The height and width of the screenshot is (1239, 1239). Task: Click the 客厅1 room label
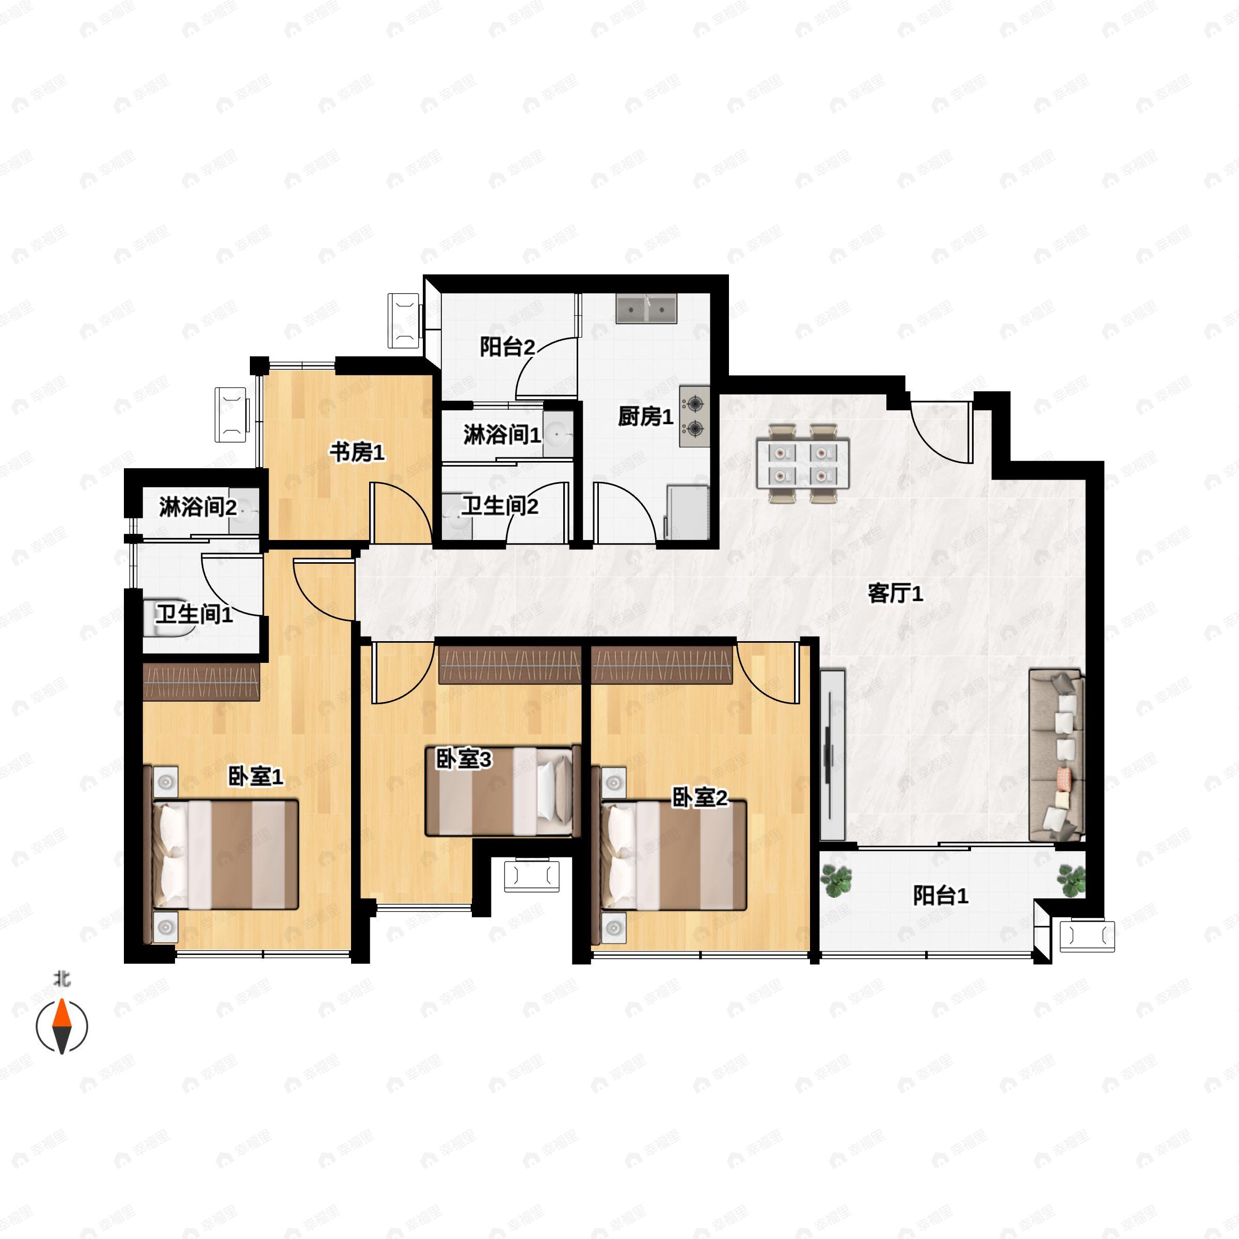click(x=895, y=593)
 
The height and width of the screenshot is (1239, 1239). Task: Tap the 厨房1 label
click(x=645, y=417)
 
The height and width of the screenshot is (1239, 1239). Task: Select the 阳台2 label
click(x=507, y=347)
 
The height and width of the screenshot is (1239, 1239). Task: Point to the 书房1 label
click(x=357, y=452)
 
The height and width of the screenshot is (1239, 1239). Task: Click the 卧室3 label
click(x=464, y=759)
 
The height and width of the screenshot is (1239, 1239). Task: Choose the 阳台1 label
click(x=940, y=895)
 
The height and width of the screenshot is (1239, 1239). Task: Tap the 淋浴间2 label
click(x=198, y=507)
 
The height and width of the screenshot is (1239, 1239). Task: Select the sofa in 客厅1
click(x=1056, y=755)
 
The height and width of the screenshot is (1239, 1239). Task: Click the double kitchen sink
click(x=646, y=309)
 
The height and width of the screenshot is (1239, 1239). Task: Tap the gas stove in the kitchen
click(x=694, y=416)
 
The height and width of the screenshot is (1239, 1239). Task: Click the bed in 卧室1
click(x=225, y=854)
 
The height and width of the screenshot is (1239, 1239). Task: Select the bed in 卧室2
click(x=673, y=855)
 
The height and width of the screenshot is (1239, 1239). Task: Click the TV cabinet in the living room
click(x=832, y=755)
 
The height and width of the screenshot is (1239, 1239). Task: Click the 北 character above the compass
click(x=61, y=979)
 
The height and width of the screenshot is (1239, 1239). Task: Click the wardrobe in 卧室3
click(x=510, y=664)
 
